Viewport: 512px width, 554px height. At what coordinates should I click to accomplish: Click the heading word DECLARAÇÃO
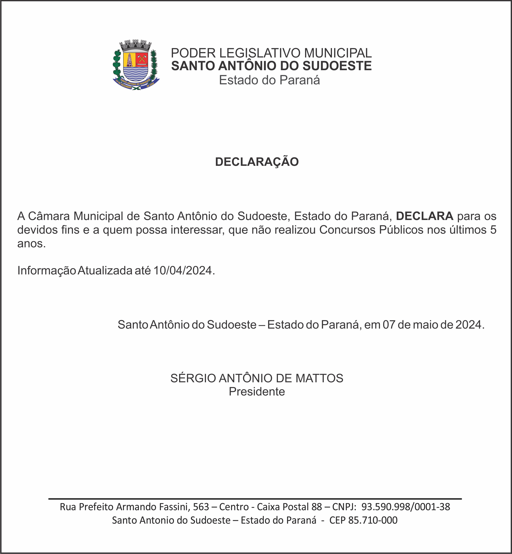coord(257,162)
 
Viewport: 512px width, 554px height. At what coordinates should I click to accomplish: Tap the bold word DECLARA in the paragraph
coord(424,216)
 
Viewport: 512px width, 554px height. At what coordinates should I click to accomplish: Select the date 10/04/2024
coord(183,270)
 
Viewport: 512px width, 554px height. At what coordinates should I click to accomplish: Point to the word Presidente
coord(257,392)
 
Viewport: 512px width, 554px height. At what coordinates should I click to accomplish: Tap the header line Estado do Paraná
coord(269,80)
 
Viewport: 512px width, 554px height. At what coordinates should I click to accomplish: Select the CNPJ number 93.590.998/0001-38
coord(406,507)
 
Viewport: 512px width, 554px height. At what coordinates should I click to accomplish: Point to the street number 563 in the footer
coord(201,507)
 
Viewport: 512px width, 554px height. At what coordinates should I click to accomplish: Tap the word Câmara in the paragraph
coord(49,216)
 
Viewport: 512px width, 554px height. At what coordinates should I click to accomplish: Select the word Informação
coord(46,270)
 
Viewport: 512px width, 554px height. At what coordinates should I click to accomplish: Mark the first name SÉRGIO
coord(193,378)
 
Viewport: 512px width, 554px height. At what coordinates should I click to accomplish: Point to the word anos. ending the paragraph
coord(31,244)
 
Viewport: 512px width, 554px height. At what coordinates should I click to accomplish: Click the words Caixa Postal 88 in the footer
coord(289,507)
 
